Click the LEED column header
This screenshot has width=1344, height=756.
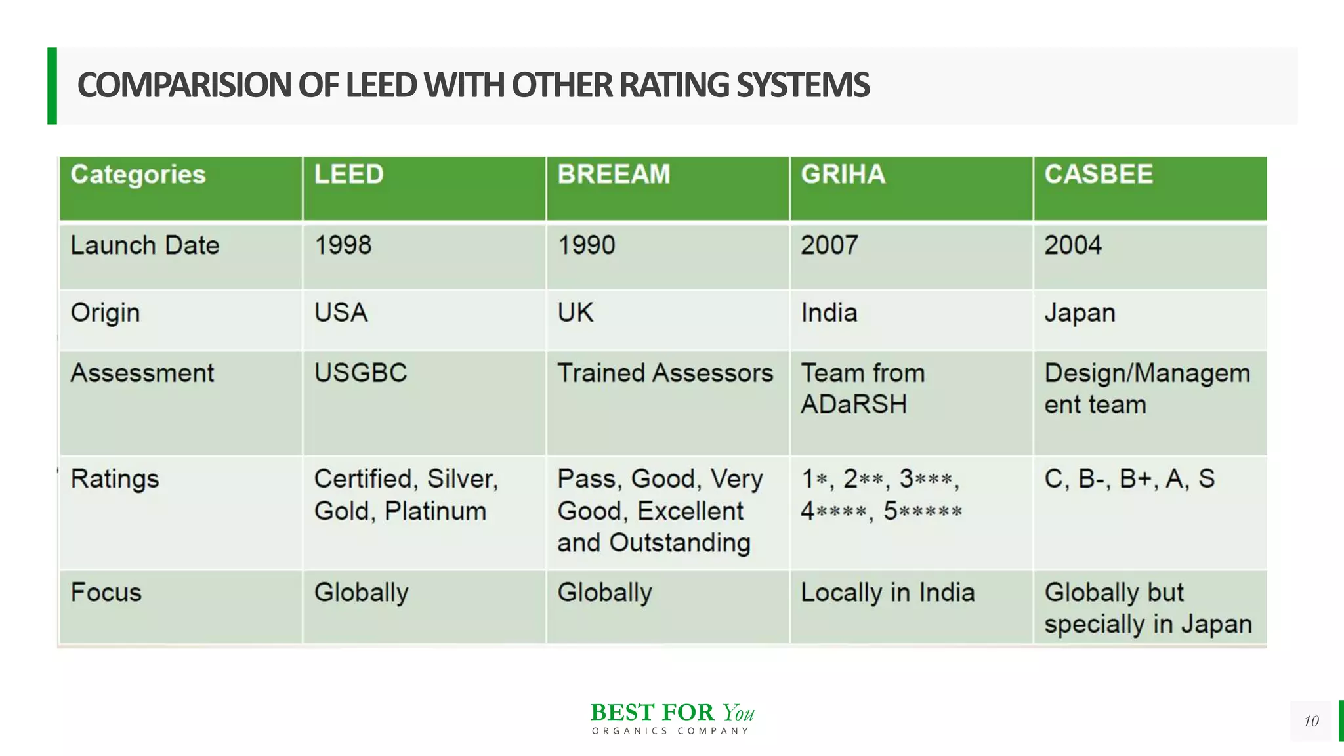(x=348, y=175)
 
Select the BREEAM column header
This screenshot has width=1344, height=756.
(x=614, y=175)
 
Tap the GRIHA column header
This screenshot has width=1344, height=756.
(x=843, y=175)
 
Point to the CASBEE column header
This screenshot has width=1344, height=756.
(x=1099, y=175)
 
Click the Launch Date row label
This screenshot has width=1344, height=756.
(x=145, y=245)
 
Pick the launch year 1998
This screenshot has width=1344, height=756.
(x=343, y=245)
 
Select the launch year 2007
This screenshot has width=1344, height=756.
(x=829, y=245)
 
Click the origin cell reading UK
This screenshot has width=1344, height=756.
(x=576, y=312)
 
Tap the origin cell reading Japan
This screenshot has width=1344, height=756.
(x=1080, y=313)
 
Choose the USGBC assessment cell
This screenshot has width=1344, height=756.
(x=361, y=373)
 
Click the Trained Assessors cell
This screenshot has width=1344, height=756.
(x=665, y=373)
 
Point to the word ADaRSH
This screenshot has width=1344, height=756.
(x=854, y=404)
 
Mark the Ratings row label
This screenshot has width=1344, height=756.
(x=115, y=479)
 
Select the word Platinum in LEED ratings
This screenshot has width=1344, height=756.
(x=435, y=511)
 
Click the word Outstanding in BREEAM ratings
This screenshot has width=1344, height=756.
(x=680, y=543)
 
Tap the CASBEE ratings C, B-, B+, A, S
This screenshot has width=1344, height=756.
(x=1129, y=479)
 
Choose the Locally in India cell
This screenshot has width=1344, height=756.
(x=888, y=593)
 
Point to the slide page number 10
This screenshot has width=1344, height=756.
(x=1311, y=721)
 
